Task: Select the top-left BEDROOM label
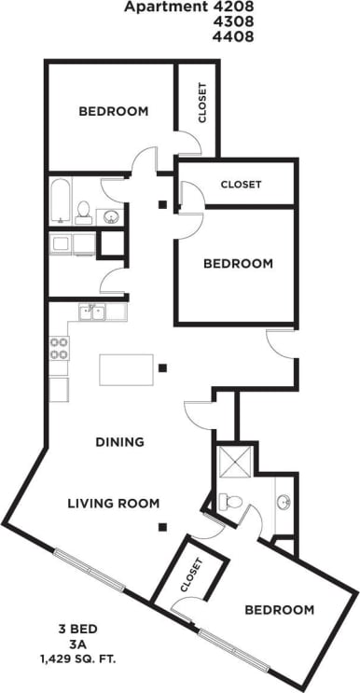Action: tap(113, 111)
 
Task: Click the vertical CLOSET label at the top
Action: tap(202, 104)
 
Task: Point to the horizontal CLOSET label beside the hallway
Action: tap(241, 185)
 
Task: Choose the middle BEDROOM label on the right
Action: tap(238, 264)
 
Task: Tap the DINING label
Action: tap(119, 442)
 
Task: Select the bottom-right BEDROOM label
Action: tap(279, 610)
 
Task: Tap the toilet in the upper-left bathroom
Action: tap(84, 212)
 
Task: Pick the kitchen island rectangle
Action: tap(126, 369)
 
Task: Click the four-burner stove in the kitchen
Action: tap(59, 349)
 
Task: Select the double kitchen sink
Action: tap(91, 312)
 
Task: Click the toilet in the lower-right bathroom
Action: tap(230, 502)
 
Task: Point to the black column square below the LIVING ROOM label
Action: tap(163, 528)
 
